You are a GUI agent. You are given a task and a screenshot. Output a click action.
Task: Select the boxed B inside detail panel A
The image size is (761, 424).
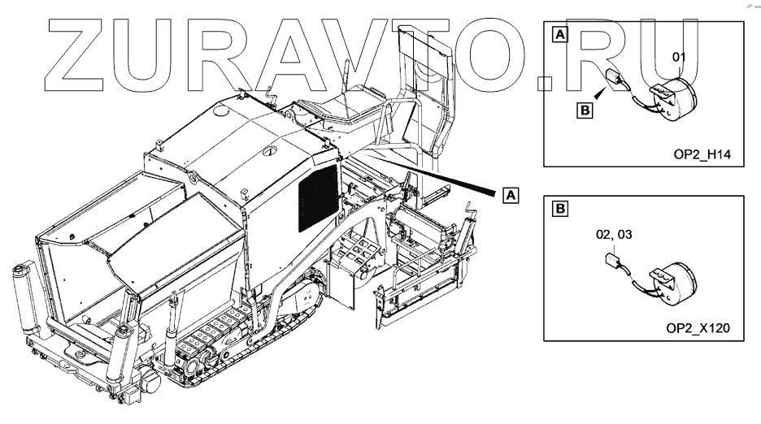[584, 109]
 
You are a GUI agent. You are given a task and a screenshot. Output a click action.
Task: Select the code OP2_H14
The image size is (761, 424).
[698, 155]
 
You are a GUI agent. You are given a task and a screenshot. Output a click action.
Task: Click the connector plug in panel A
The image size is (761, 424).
[619, 80]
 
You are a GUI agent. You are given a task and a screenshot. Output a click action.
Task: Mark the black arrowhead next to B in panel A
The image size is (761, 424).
[599, 95]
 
